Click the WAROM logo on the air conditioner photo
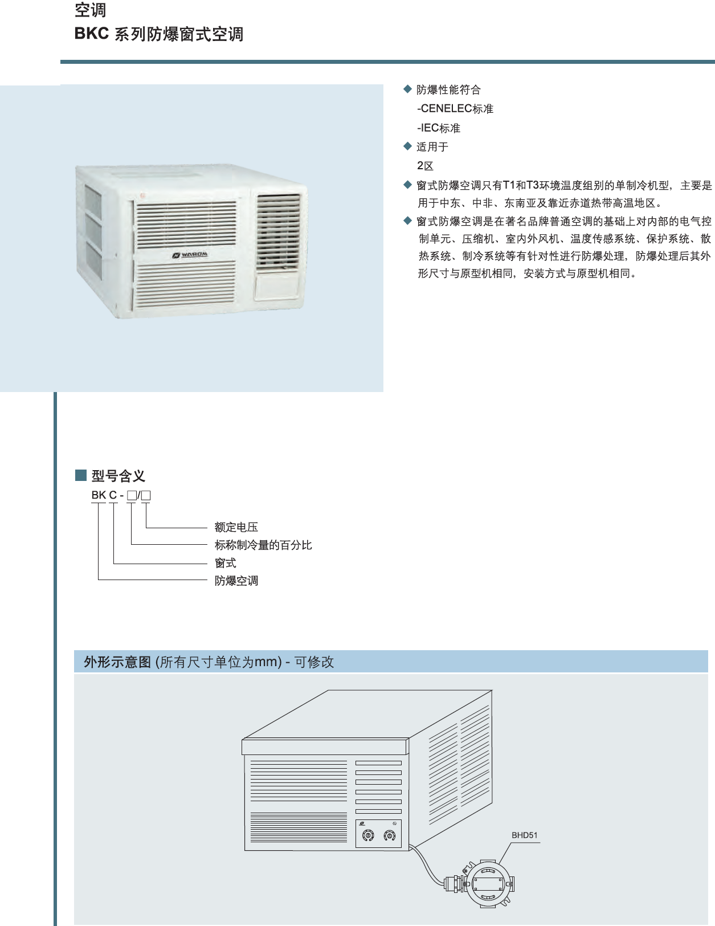pyautogui.click(x=190, y=255)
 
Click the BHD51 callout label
pyautogui.click(x=524, y=835)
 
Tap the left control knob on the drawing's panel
pyautogui.click(x=368, y=835)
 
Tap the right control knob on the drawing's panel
pyautogui.click(x=389, y=835)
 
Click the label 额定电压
pyautogui.click(x=236, y=527)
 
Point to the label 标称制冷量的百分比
pyautogui.click(x=263, y=545)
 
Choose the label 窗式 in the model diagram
pyautogui.click(x=225, y=563)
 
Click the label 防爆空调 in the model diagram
pyautogui.click(x=236, y=581)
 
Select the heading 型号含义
pyautogui.click(x=119, y=476)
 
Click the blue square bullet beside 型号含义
pyautogui.click(x=81, y=475)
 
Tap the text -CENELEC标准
pyautogui.click(x=455, y=109)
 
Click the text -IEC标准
pyautogui.click(x=439, y=128)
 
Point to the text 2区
pyautogui.click(x=425, y=166)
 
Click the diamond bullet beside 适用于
pyautogui.click(x=407, y=146)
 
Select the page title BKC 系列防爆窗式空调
pyautogui.click(x=159, y=34)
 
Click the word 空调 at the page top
pyautogui.click(x=90, y=10)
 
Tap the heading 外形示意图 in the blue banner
pyautogui.click(x=117, y=662)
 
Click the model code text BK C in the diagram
pyautogui.click(x=104, y=495)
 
